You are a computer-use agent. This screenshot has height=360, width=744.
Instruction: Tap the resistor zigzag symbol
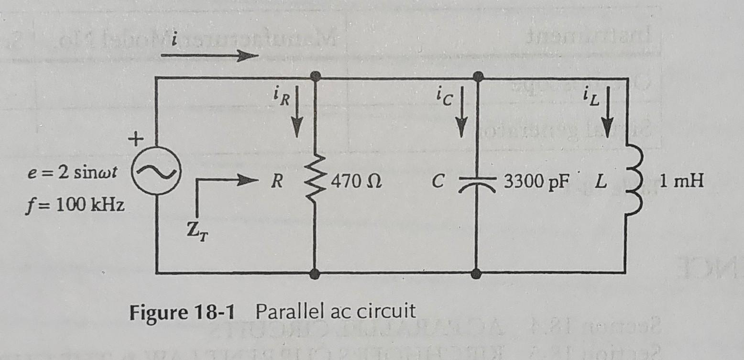(314, 180)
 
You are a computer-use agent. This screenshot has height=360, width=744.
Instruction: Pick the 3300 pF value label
(534, 183)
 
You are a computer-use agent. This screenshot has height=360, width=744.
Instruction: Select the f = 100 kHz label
(76, 206)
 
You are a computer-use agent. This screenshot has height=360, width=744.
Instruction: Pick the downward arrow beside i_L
(607, 117)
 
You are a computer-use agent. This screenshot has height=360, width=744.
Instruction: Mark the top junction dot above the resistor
(314, 76)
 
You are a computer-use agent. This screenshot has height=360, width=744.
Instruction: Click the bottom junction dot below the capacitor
(476, 273)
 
